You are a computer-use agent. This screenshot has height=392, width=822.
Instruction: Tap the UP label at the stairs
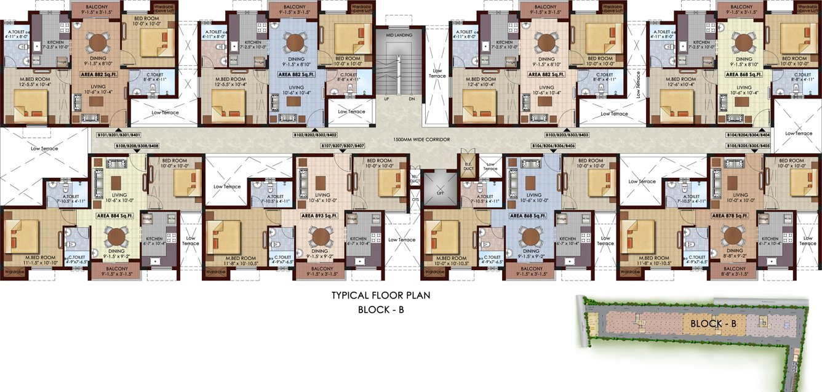click(x=386, y=98)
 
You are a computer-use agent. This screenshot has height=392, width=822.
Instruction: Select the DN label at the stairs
click(x=411, y=98)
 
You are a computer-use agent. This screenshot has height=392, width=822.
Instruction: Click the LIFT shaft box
click(x=441, y=191)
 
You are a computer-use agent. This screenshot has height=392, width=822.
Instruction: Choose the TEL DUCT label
click(x=415, y=179)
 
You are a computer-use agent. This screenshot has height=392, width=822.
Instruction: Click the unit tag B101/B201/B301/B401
click(x=119, y=134)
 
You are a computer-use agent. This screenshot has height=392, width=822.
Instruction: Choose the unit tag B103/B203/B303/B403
click(x=567, y=134)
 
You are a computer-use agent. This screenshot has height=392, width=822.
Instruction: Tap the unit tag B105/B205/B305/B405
click(x=748, y=146)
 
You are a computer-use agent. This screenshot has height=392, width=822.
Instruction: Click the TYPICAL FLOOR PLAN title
click(x=381, y=295)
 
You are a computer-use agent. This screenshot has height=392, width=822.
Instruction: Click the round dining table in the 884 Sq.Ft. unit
click(x=114, y=236)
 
